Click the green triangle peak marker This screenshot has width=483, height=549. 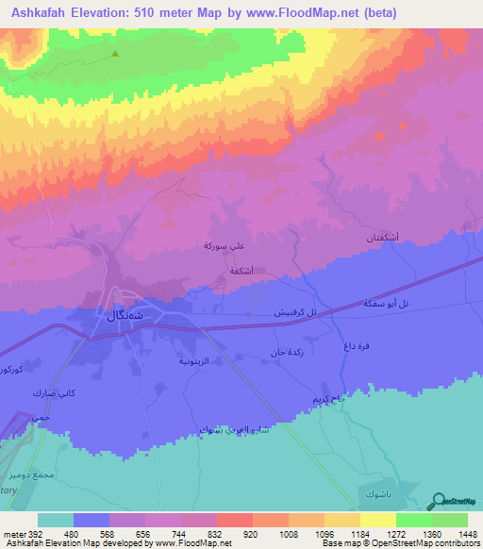[115, 54]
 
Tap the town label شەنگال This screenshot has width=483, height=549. [122, 316]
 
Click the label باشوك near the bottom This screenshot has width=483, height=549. [374, 493]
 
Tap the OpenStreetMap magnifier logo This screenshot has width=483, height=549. [440, 503]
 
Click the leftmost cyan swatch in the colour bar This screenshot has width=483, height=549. [56, 520]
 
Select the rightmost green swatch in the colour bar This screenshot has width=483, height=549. [449, 520]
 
